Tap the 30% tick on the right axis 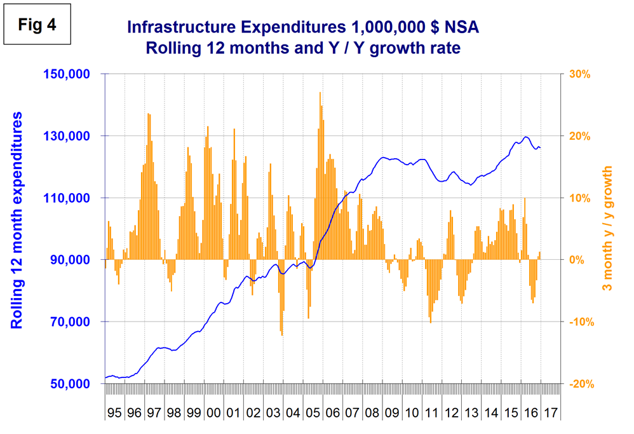[x=579, y=74]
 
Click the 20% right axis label [x=579, y=136]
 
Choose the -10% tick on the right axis [x=578, y=322]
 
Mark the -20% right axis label [x=578, y=384]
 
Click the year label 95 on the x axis [x=114, y=412]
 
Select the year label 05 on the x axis [x=313, y=412]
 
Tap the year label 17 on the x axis [x=551, y=412]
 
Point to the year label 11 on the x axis [x=432, y=412]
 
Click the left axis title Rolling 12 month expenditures [x=17, y=220]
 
